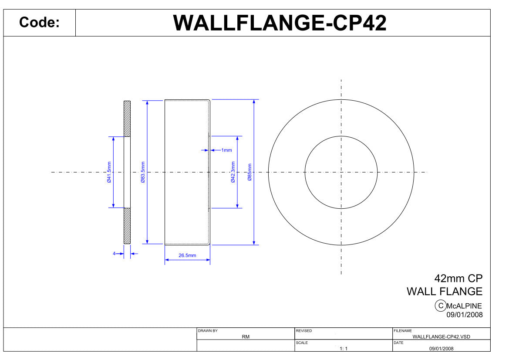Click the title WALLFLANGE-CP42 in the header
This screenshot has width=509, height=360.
coord(280,23)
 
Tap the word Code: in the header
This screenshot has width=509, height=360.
coord(39,22)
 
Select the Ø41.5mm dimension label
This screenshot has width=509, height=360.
coord(109,172)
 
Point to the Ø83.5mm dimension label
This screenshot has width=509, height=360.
coord(143,172)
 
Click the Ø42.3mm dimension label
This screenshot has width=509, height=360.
coord(233,172)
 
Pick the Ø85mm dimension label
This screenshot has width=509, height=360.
coord(249,172)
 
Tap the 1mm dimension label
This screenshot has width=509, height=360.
coord(226,150)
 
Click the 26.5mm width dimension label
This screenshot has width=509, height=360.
coord(187,255)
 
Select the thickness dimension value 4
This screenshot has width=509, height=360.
coord(114,253)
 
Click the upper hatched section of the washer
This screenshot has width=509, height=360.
coord(127,119)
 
